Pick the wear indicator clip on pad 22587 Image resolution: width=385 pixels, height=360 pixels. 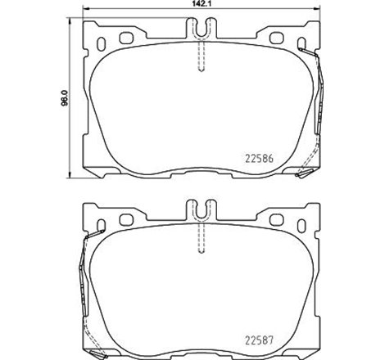coord(82,278)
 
